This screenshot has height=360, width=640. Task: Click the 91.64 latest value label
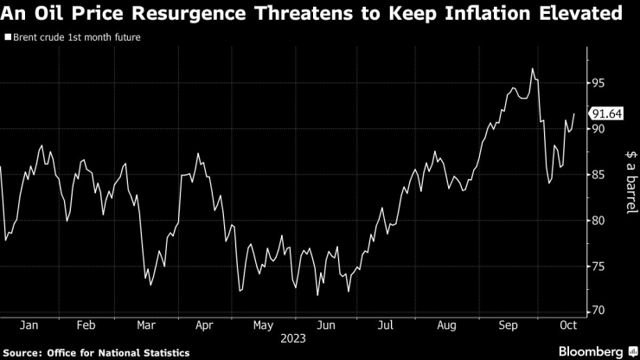(x=605, y=113)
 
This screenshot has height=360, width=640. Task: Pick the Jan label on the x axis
(x=28, y=325)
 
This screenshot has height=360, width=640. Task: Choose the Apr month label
(x=204, y=325)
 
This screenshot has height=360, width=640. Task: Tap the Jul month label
(x=385, y=325)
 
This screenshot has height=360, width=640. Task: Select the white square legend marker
(x=7, y=37)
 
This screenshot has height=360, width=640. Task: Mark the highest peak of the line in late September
(x=533, y=68)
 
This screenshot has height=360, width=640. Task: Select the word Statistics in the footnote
(x=164, y=352)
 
